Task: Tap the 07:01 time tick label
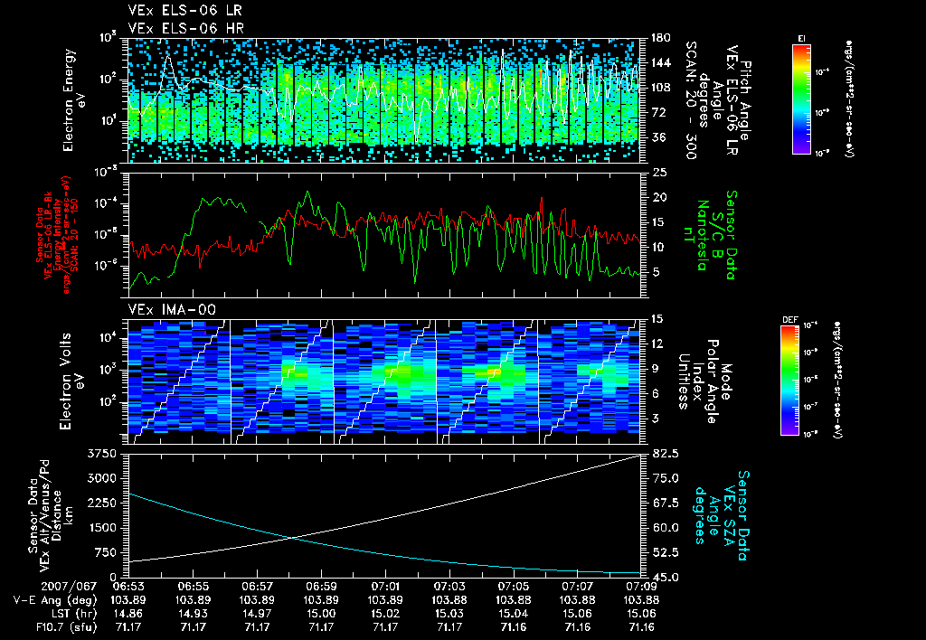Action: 386,587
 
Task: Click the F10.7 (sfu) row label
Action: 35,626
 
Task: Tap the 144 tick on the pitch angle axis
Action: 661,63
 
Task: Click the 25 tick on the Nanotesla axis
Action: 659,172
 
